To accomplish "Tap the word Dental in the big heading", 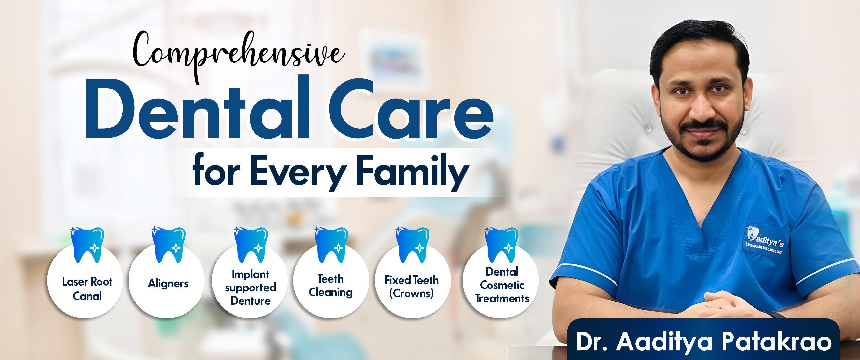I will click(x=197, y=110).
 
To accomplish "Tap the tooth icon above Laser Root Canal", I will click(x=87, y=245).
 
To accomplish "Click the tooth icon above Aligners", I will click(x=169, y=245).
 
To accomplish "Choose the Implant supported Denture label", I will click(x=250, y=288).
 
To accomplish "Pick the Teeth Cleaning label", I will click(x=330, y=286).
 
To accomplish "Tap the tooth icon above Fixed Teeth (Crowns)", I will click(x=412, y=245).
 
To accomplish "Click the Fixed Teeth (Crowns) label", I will click(x=412, y=287).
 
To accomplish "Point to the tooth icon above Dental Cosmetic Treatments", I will click(x=501, y=245).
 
